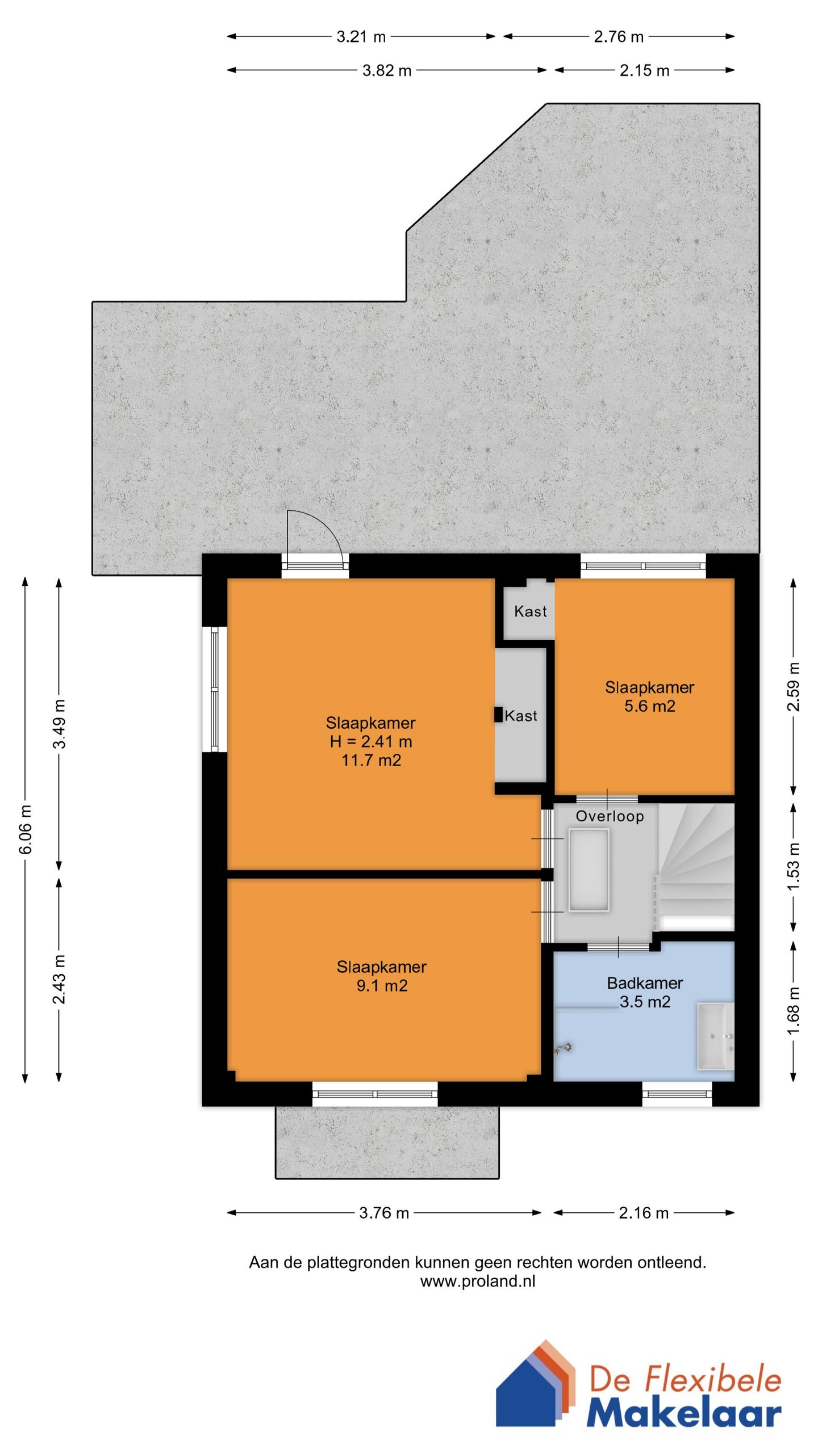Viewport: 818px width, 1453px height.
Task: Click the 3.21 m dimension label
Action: [x=361, y=37]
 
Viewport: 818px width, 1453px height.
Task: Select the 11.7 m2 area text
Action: [x=371, y=760]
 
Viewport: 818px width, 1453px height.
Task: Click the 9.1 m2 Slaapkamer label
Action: [x=382, y=976]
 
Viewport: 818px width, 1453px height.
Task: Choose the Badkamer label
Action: [x=645, y=983]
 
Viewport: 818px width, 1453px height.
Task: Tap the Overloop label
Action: [x=610, y=816]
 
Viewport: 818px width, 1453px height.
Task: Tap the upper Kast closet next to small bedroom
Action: [x=529, y=611]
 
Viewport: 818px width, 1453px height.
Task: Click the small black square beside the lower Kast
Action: [x=498, y=715]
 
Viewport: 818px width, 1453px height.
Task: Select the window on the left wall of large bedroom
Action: [x=215, y=689]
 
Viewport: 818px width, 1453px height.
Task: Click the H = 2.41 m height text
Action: [x=371, y=741]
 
